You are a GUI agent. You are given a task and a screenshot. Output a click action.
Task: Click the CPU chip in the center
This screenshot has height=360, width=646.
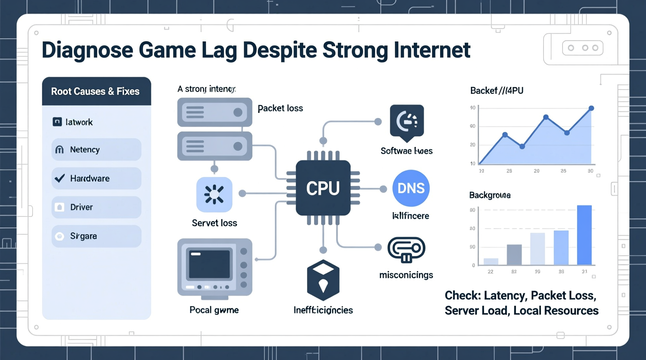(323, 188)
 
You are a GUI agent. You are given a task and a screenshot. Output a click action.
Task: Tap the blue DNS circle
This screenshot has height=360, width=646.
(411, 188)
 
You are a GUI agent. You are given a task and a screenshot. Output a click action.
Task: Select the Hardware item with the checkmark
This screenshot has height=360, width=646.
(96, 178)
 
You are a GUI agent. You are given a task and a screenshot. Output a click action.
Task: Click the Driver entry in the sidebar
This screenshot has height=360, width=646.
(96, 207)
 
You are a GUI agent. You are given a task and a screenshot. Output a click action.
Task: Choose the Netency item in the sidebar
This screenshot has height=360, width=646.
(96, 150)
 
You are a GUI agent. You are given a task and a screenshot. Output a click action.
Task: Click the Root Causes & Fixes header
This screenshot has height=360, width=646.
(96, 92)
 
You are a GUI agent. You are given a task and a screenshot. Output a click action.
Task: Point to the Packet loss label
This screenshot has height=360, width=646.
(280, 108)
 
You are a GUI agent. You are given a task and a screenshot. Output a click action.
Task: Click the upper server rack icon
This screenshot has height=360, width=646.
(215, 112)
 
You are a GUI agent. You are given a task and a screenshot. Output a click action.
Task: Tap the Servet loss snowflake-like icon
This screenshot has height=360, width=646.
(214, 194)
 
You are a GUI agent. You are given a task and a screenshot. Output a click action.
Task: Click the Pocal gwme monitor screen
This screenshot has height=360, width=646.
(210, 265)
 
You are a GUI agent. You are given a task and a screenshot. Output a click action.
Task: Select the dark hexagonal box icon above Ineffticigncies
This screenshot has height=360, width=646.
(323, 280)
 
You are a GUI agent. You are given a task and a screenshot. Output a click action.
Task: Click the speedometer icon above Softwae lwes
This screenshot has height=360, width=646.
(406, 121)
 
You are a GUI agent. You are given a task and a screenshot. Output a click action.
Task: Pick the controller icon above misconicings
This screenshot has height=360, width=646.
(406, 249)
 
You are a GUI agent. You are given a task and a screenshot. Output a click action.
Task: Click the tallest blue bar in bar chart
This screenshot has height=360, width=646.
(584, 235)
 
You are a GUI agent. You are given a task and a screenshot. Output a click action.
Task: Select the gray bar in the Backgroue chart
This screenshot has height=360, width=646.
(514, 254)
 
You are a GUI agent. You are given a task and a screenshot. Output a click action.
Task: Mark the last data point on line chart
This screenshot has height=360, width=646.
(591, 108)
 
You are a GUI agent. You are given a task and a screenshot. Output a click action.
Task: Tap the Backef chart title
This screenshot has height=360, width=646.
(497, 91)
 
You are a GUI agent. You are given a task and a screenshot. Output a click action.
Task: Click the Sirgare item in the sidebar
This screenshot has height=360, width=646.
(96, 236)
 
